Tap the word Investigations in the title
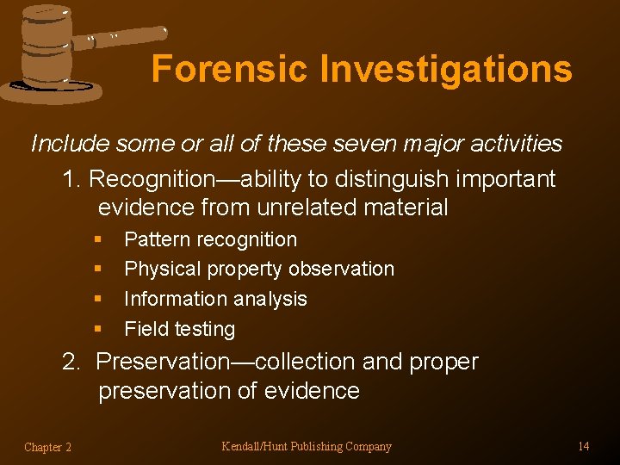coord(446,69)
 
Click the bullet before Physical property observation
coord(99,270)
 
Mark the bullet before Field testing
coord(99,329)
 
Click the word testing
coord(203,329)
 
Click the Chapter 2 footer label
coord(48,447)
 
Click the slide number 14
coord(583,446)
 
